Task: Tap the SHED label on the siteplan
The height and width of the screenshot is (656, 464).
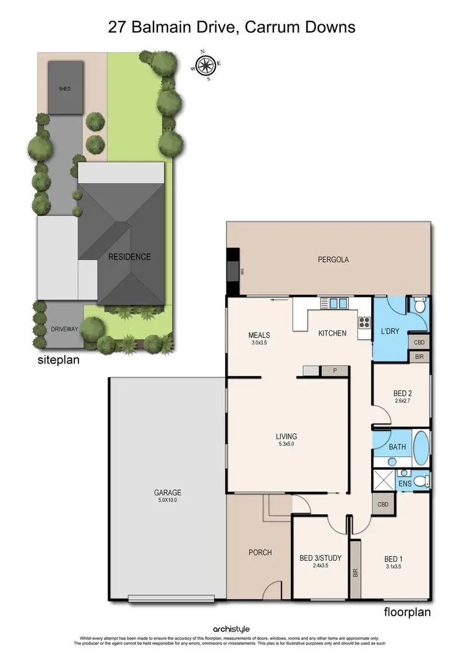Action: coord(64,89)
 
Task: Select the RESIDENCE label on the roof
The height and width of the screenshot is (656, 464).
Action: coord(129,257)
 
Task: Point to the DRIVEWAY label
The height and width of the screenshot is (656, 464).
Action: coord(64,329)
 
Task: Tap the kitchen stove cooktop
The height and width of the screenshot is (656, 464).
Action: coord(363,322)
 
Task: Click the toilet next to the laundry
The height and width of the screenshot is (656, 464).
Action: coord(419,306)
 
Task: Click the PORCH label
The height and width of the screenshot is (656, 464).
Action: coord(260,552)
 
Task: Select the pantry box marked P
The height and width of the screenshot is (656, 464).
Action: coord(335,370)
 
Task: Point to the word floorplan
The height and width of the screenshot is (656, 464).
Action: coord(406,613)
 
